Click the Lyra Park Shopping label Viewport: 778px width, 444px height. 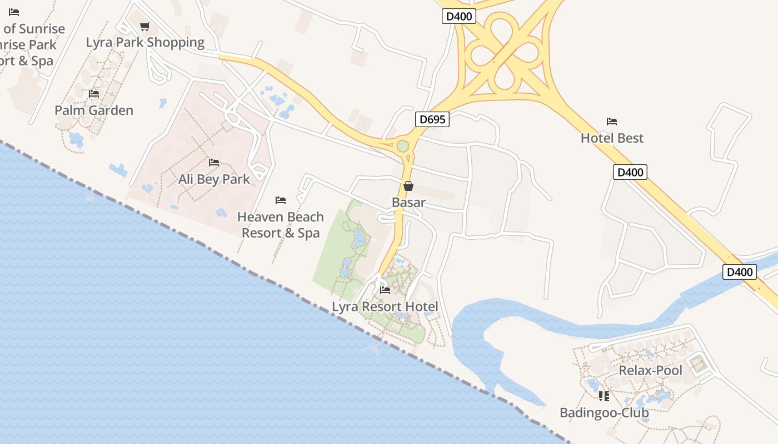point(145,42)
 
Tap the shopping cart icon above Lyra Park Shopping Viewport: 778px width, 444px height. point(145,26)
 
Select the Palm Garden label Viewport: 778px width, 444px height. point(94,110)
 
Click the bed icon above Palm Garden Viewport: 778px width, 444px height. point(94,94)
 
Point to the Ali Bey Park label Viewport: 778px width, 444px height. point(214,179)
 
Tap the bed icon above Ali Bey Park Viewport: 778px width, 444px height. point(214,163)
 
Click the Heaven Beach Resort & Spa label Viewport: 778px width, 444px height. point(281,225)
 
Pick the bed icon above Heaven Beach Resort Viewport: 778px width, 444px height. point(281,200)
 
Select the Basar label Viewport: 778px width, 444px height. point(408,203)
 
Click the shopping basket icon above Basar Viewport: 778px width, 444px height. point(408,186)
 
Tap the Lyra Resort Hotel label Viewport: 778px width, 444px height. point(385,307)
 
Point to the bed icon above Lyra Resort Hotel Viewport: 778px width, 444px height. point(385,290)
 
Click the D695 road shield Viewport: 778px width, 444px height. point(432,119)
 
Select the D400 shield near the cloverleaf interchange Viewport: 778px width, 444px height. point(459,16)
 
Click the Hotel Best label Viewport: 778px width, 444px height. point(612,138)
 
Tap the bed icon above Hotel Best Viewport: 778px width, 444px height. point(612,122)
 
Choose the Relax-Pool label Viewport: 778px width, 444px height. point(650,371)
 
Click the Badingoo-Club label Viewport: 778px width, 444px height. point(604,413)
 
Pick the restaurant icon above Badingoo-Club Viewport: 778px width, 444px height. point(604,396)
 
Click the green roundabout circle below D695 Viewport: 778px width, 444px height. point(403,147)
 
